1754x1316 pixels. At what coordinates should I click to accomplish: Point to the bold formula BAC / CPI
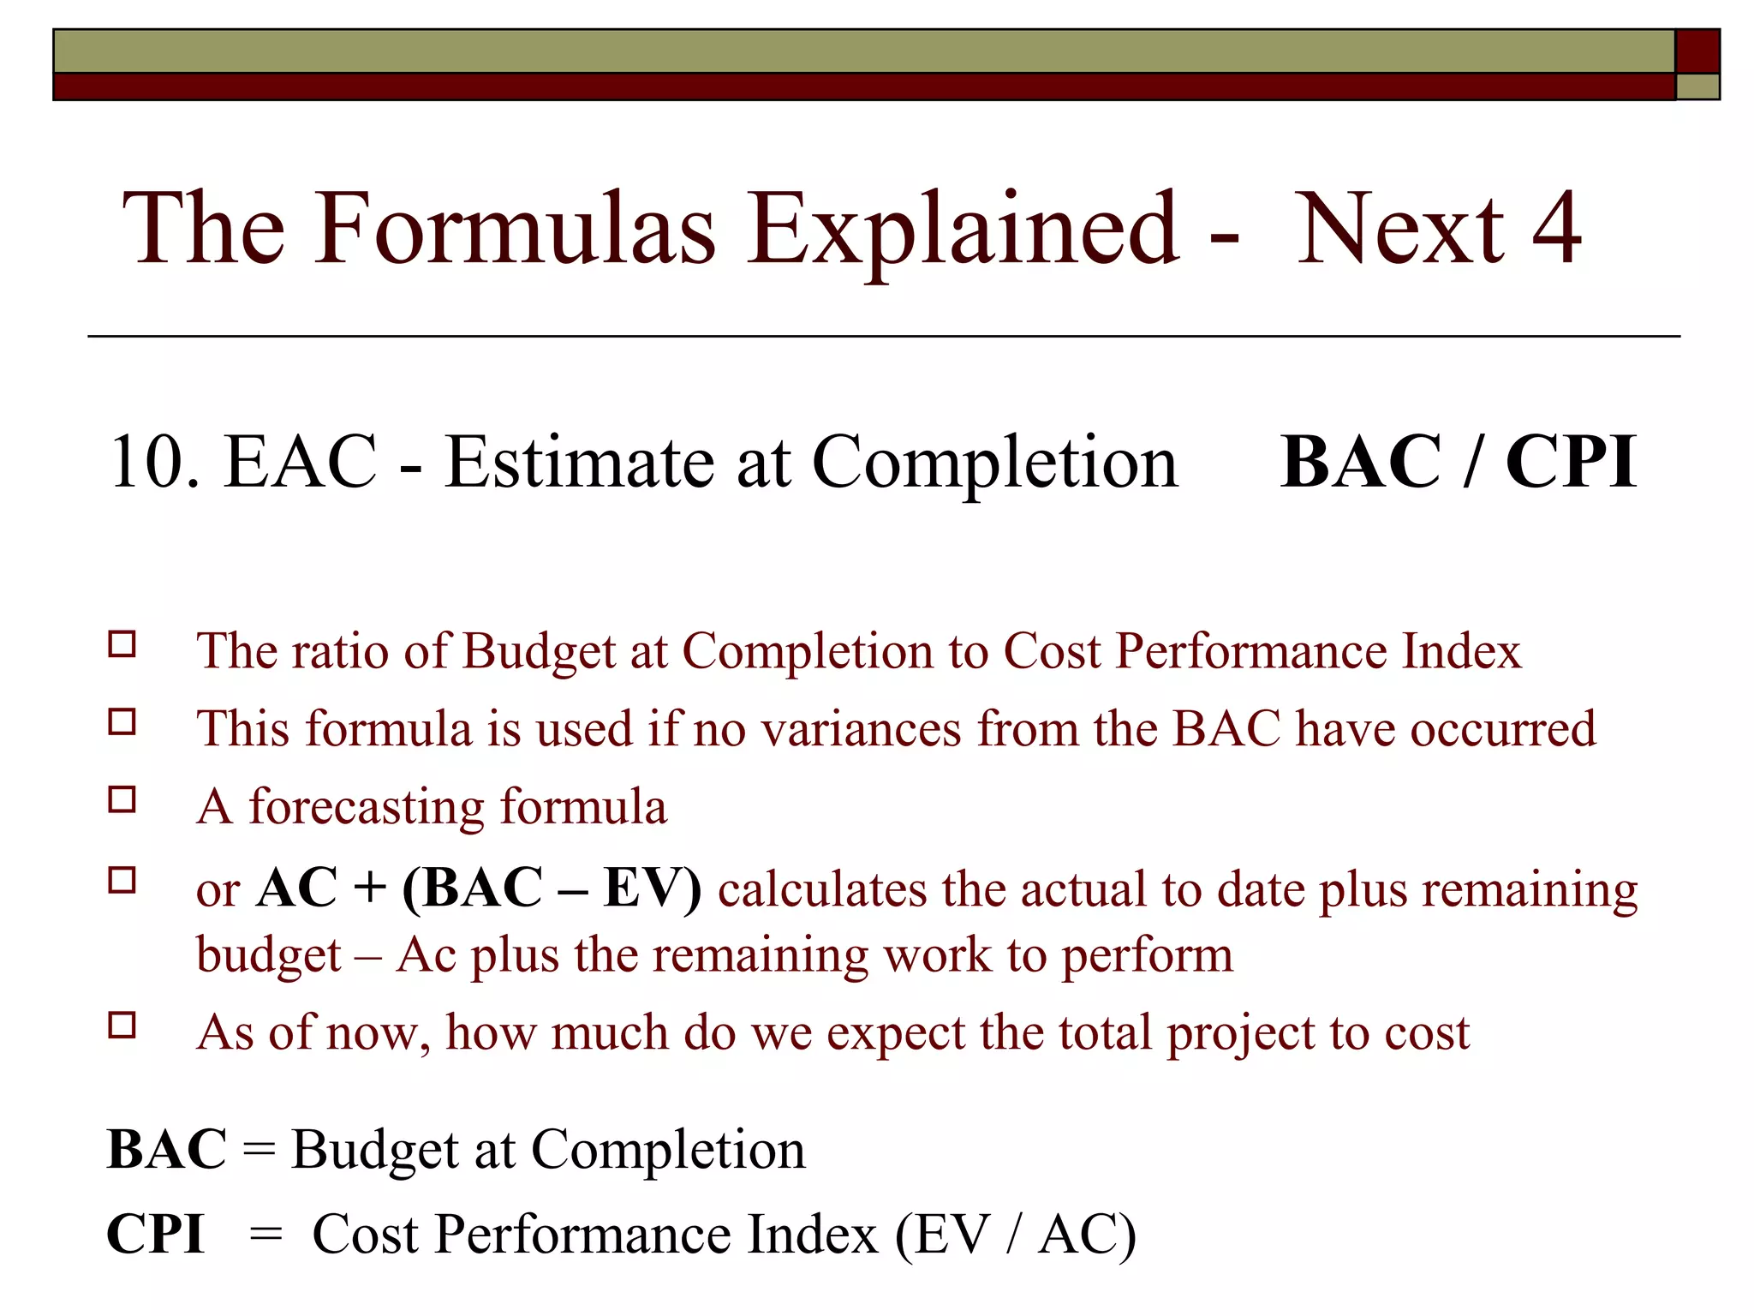(1458, 463)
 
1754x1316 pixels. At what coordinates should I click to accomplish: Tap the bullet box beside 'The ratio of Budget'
(122, 644)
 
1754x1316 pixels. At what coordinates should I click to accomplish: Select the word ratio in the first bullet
(340, 651)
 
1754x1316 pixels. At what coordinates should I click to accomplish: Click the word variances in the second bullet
(862, 729)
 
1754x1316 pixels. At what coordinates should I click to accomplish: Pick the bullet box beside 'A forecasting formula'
(122, 800)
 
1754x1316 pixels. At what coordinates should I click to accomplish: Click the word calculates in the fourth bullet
(822, 888)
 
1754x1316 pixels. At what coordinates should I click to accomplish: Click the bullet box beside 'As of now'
(122, 1026)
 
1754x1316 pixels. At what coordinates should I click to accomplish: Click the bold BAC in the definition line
(167, 1150)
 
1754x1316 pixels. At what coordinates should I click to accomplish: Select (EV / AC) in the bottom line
(1016, 1235)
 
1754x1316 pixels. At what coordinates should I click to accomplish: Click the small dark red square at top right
(1697, 51)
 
